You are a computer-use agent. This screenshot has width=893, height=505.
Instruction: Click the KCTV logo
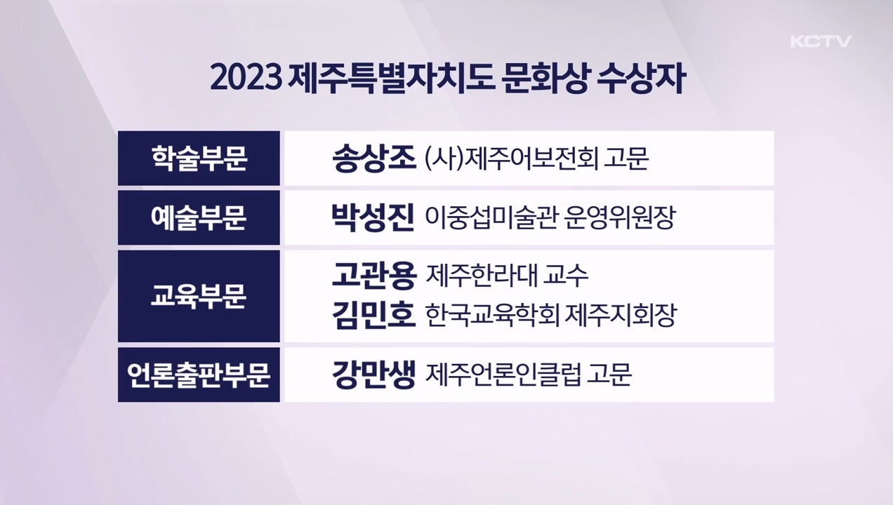pyautogui.click(x=821, y=41)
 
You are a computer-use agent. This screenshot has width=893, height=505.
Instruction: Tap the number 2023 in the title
pyautogui.click(x=244, y=79)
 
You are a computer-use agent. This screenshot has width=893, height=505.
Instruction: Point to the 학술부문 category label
pyautogui.click(x=199, y=158)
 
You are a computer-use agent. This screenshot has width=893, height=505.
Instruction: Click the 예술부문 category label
pyautogui.click(x=199, y=217)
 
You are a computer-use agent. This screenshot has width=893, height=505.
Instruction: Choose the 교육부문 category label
pyautogui.click(x=199, y=296)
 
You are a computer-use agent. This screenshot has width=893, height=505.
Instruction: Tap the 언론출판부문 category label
pyautogui.click(x=199, y=375)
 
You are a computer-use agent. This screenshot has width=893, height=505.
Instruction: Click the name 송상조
pyautogui.click(x=374, y=158)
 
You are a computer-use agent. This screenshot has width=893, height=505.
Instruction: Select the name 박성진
pyautogui.click(x=373, y=217)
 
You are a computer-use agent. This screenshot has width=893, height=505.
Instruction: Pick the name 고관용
pyautogui.click(x=374, y=275)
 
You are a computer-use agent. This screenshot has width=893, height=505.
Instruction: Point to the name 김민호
pyautogui.click(x=374, y=315)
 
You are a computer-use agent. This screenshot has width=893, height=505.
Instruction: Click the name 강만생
pyautogui.click(x=374, y=375)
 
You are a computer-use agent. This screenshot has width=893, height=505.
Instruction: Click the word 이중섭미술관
pyautogui.click(x=490, y=217)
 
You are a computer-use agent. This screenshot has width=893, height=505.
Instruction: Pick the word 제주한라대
pyautogui.click(x=479, y=275)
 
